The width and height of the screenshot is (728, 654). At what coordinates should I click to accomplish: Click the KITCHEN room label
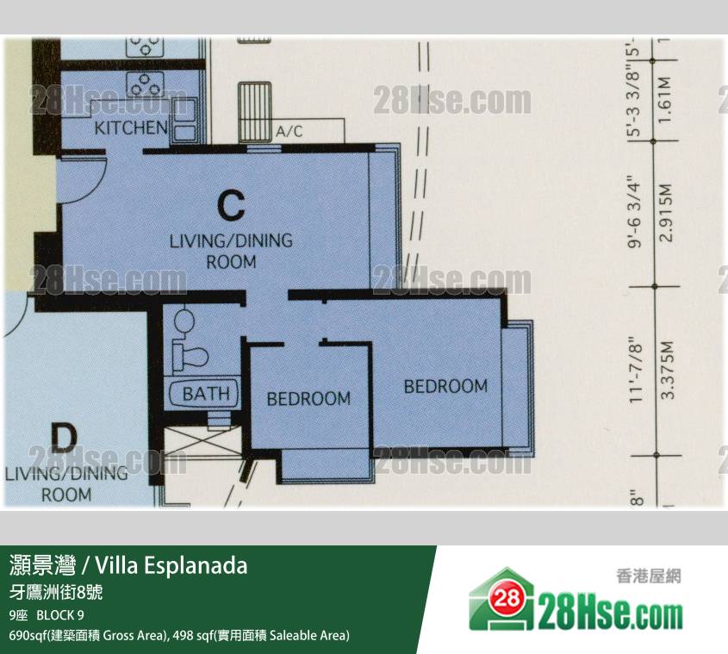(131, 128)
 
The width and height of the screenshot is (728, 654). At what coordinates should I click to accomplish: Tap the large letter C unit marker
(231, 205)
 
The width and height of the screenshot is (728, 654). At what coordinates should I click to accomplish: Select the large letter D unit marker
(64, 439)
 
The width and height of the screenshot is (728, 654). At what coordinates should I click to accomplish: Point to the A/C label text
(289, 132)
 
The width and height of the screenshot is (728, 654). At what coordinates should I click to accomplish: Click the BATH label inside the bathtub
(206, 394)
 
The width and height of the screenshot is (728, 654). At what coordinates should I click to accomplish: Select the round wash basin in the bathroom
(184, 320)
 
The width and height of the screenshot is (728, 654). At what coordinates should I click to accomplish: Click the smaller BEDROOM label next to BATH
(308, 399)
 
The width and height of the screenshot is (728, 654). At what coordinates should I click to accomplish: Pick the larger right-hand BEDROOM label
(445, 386)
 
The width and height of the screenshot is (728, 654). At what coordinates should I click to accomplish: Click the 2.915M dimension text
(666, 212)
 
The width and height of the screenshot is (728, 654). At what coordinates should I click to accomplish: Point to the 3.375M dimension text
(667, 371)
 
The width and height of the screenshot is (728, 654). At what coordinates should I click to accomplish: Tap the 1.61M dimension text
(664, 100)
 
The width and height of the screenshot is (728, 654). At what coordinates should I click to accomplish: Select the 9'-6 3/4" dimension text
(635, 211)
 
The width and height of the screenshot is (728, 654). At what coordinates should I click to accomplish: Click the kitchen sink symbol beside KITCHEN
(184, 124)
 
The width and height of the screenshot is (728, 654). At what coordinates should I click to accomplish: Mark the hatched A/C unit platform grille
(254, 112)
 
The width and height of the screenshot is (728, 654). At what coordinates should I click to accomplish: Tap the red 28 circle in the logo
(507, 598)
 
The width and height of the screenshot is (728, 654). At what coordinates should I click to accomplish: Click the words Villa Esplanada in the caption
(171, 565)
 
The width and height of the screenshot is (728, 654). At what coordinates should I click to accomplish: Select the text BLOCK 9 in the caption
(60, 615)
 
